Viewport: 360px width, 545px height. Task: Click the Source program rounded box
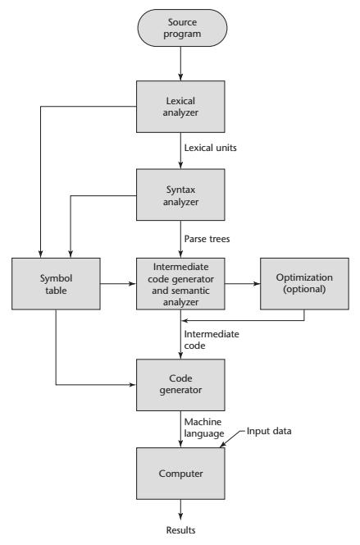[182, 28]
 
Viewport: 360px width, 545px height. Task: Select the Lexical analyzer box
[180, 107]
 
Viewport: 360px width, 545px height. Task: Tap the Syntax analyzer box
[180, 195]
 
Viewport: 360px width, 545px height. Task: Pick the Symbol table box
[56, 284]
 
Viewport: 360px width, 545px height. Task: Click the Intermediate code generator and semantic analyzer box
[180, 284]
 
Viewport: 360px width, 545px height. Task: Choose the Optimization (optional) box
[304, 284]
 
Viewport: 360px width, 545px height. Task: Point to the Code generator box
[180, 385]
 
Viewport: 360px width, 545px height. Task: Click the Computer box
[180, 474]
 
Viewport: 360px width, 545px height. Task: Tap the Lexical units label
[211, 148]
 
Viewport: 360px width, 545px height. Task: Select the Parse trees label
[207, 239]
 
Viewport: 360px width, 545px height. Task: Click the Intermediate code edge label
[212, 340]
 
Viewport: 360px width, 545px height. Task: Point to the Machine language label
[204, 428]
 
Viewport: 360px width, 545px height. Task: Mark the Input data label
[269, 431]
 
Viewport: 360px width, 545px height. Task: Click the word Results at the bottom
[180, 530]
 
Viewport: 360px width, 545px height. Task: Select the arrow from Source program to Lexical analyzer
[180, 63]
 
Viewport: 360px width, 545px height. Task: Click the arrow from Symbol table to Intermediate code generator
[118, 284]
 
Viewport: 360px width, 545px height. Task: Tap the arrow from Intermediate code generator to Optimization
[242, 284]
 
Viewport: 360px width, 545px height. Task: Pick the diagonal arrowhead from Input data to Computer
[223, 443]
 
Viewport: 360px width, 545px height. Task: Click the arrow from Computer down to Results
[180, 510]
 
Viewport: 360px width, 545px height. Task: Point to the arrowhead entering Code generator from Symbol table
[133, 385]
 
